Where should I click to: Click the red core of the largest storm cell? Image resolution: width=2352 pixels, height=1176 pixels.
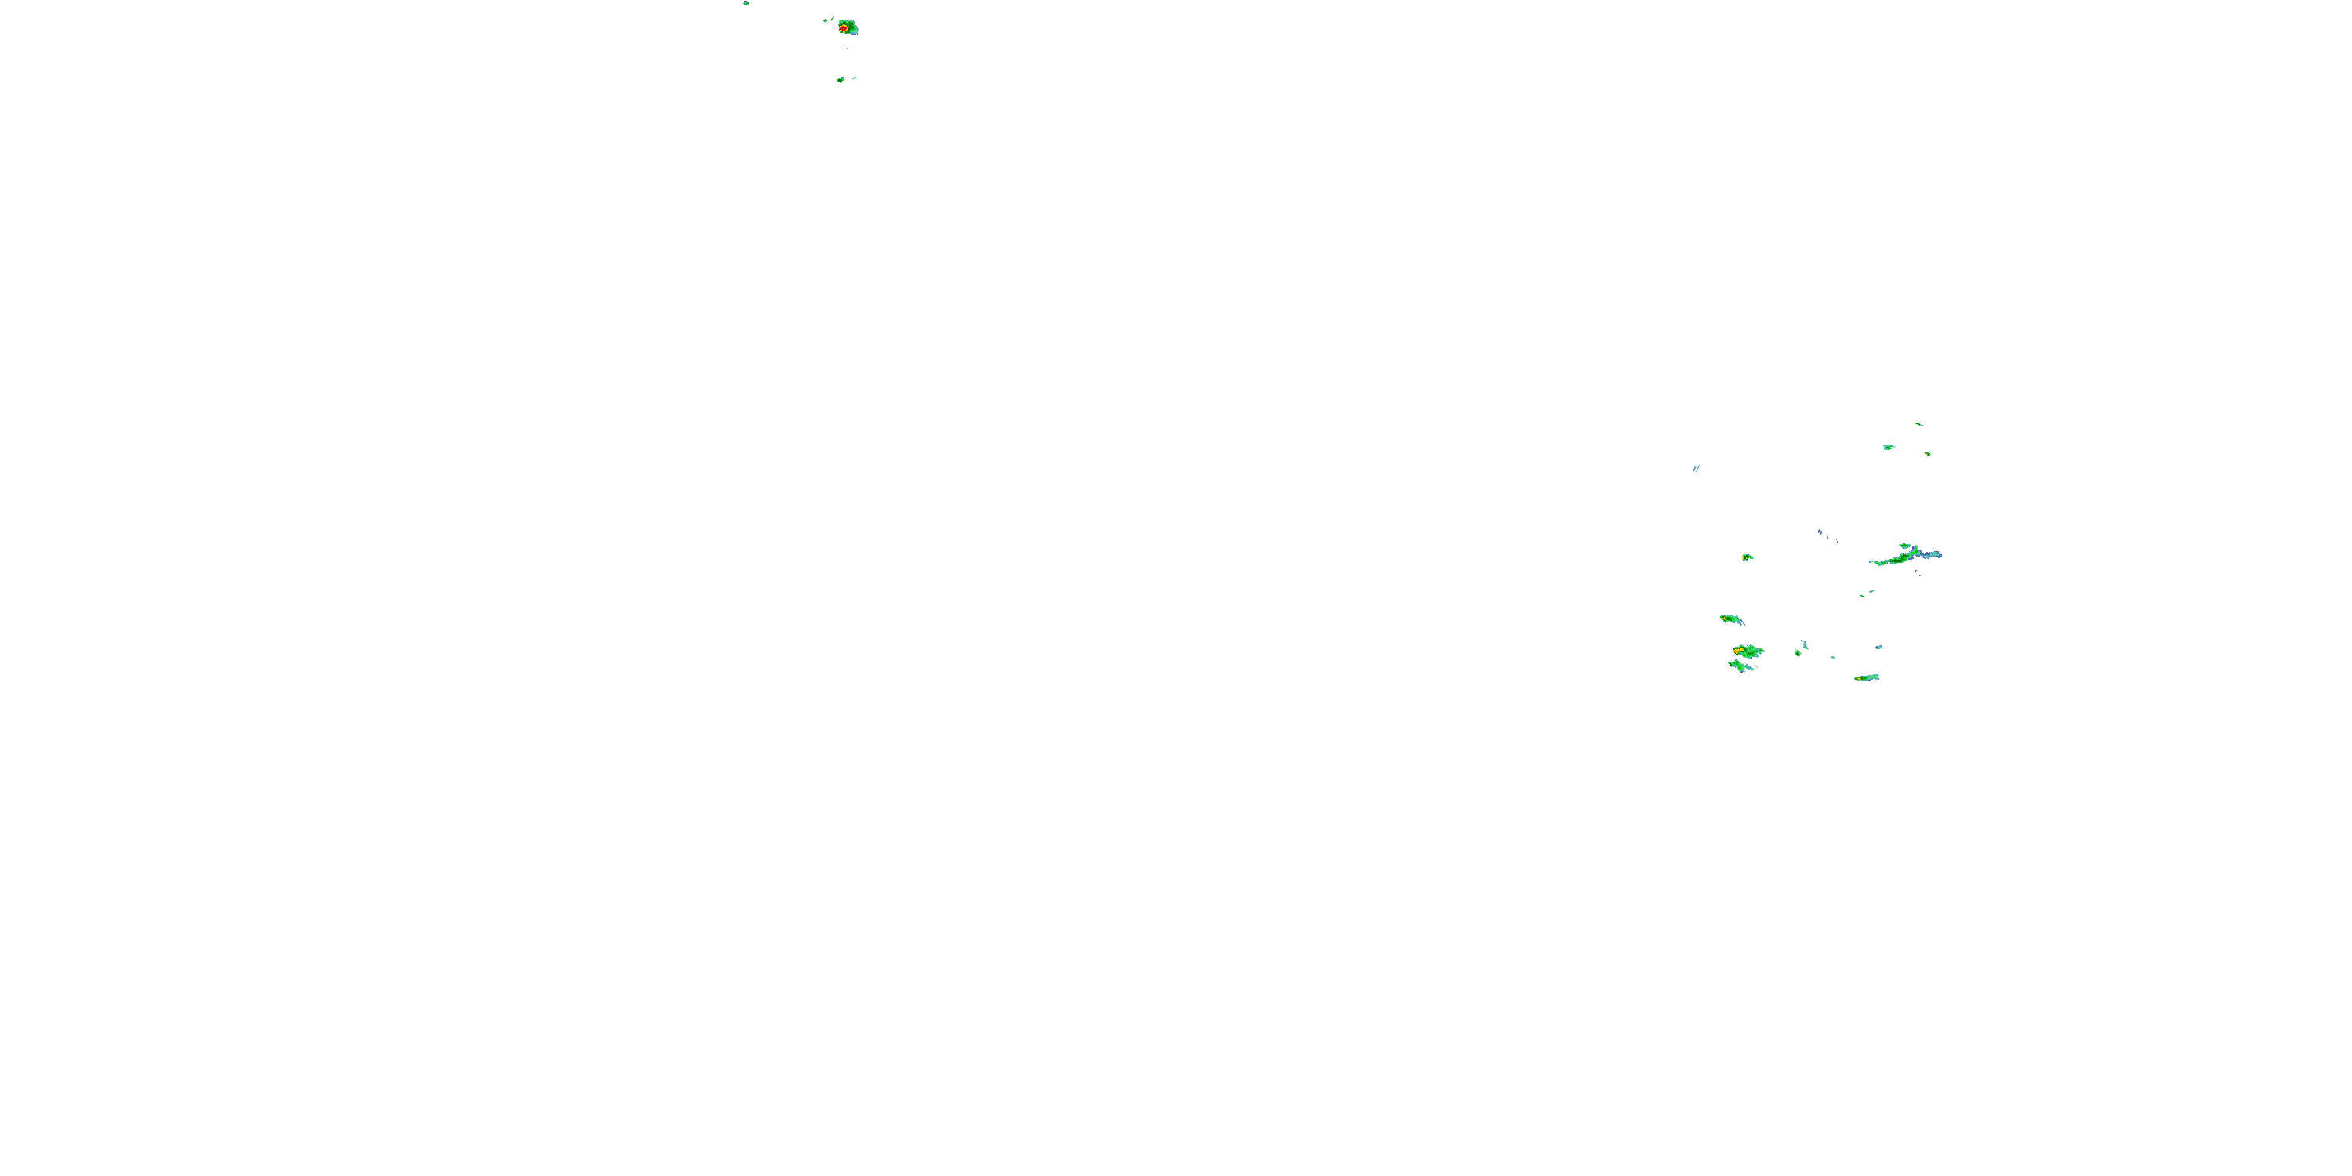(x=844, y=28)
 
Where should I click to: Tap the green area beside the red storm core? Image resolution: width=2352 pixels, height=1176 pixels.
(x=852, y=27)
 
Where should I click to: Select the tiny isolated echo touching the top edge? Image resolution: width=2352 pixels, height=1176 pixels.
(x=746, y=2)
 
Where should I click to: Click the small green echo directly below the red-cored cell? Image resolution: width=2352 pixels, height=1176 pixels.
(x=840, y=80)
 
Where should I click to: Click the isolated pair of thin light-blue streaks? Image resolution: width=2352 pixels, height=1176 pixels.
(x=1697, y=468)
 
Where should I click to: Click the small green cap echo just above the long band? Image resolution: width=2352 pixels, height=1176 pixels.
(x=1906, y=546)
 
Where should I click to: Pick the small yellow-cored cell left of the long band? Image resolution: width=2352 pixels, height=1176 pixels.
(x=1747, y=557)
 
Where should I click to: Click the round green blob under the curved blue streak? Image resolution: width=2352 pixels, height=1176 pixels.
(x=1797, y=653)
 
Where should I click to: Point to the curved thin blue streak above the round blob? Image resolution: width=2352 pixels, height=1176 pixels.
(x=1804, y=644)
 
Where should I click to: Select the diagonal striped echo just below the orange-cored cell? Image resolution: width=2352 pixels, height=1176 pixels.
(x=1741, y=666)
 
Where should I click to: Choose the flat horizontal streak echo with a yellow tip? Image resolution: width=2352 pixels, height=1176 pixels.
(x=1866, y=677)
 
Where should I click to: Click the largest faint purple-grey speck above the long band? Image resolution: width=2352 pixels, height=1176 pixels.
(x=1820, y=532)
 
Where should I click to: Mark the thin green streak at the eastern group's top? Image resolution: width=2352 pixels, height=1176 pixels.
(x=1918, y=423)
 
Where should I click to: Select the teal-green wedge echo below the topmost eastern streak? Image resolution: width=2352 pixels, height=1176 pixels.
(x=1888, y=448)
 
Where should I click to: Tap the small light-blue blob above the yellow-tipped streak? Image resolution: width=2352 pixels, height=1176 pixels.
(x=1879, y=648)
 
